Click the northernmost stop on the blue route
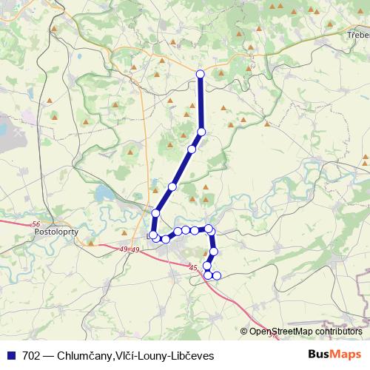point(200,73)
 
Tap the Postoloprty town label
point(57,231)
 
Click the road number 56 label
point(37,223)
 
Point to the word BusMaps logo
point(334,355)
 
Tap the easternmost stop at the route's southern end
point(217,276)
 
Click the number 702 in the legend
point(31,356)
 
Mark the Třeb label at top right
point(357,35)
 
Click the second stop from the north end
point(201,132)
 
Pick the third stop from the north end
point(192,149)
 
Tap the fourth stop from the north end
point(172,186)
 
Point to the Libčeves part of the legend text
point(191,356)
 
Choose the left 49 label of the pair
point(123,250)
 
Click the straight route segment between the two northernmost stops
point(200,102)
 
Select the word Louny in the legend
point(151,356)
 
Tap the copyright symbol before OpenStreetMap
point(245,332)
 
